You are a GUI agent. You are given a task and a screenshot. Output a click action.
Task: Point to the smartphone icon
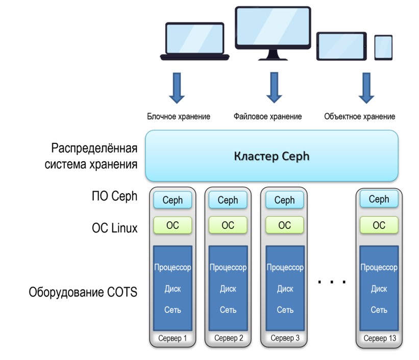(x=383, y=47)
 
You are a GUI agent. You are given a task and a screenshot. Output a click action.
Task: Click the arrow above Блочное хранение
(x=177, y=87)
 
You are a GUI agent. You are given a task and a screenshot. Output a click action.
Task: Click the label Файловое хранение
(x=267, y=116)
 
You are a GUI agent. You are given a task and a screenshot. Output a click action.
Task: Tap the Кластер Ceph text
(x=272, y=156)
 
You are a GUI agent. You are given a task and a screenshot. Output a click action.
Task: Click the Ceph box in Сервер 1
(x=172, y=200)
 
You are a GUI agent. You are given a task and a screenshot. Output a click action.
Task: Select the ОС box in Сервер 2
(x=228, y=225)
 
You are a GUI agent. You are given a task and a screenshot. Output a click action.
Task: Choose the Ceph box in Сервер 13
(x=379, y=199)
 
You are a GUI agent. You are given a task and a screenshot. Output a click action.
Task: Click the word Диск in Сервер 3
(x=285, y=289)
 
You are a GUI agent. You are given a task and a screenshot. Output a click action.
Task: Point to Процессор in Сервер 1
(x=172, y=268)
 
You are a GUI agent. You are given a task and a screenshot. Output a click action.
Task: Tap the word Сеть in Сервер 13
(x=379, y=310)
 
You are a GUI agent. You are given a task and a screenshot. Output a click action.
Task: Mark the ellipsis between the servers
(x=332, y=281)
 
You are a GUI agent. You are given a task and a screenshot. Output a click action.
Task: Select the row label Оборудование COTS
(x=83, y=293)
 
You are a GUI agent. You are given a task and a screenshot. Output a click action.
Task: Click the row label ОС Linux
(x=111, y=228)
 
